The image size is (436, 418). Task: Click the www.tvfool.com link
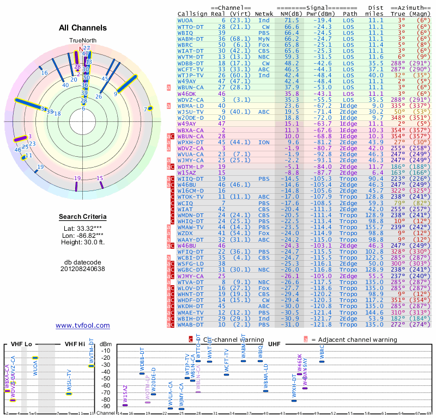[x=83, y=325]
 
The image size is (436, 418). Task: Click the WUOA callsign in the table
[x=185, y=20]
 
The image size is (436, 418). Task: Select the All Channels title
[x=82, y=27]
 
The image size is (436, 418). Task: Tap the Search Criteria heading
[x=83, y=217]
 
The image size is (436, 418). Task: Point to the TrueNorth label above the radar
[x=82, y=40]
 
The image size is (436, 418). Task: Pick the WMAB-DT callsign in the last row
[x=190, y=325]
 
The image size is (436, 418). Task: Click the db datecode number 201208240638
[x=83, y=269]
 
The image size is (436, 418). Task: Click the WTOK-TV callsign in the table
[x=190, y=196]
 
